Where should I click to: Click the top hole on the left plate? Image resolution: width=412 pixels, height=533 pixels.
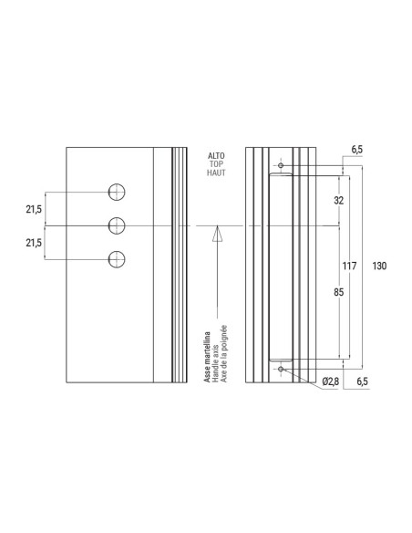coord(116,192)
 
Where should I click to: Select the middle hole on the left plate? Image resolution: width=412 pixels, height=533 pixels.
coord(116,225)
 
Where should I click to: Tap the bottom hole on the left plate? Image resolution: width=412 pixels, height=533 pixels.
coord(116,258)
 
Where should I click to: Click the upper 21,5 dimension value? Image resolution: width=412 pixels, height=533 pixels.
coord(34,209)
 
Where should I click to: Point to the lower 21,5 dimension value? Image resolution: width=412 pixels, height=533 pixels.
coord(34,242)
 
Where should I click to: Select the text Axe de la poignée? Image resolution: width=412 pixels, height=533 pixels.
coord(223,354)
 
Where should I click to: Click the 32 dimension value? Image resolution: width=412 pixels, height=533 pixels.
coord(338,199)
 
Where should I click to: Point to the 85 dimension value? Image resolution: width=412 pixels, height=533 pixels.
coord(338,293)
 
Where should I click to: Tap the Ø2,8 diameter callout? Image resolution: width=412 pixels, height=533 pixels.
coord(331,380)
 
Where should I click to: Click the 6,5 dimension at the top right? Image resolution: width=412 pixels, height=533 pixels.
coord(356,148)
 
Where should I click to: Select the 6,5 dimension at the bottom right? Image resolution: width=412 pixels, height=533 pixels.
coord(362,380)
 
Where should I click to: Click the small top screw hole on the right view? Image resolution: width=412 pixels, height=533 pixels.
coord(282,166)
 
